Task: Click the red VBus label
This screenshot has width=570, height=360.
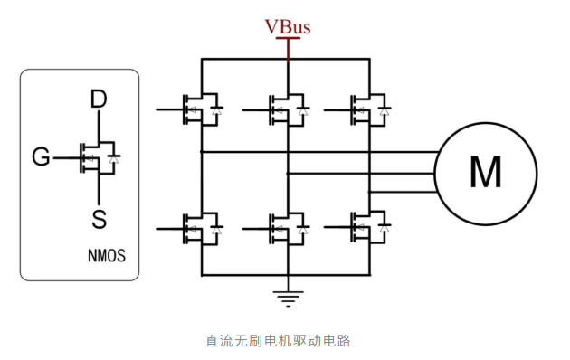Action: pos(287,26)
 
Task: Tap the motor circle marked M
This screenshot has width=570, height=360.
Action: pos(485,171)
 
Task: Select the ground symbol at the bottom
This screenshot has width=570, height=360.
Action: pos(288,296)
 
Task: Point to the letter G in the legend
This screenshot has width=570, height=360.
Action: pos(41,158)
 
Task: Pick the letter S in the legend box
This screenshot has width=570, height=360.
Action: pos(99,218)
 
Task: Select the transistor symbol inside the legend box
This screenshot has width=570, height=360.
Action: pos(98,158)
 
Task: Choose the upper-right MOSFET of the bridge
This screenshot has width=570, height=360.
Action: pos(370,109)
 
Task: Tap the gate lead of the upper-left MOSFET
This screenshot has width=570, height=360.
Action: pos(168,109)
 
